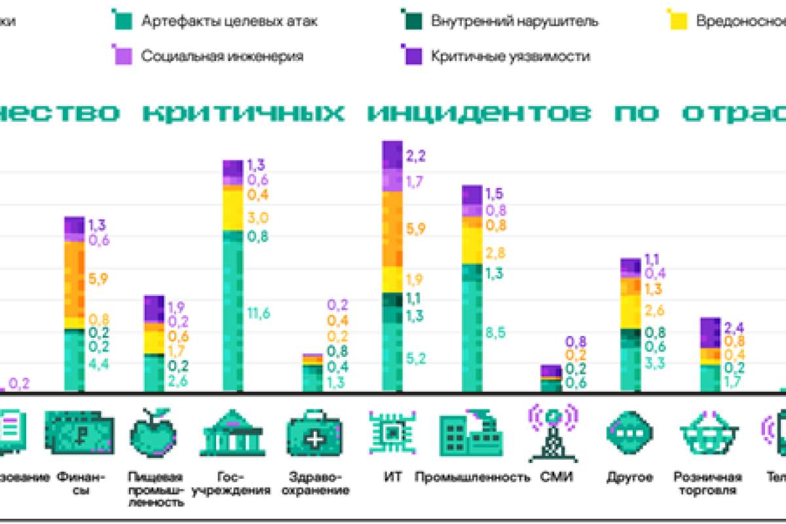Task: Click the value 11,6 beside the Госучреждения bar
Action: pyautogui.click(x=258, y=312)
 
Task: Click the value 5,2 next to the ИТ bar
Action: pyautogui.click(x=415, y=358)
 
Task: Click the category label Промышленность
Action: pyautogui.click(x=472, y=476)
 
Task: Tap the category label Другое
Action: pyautogui.click(x=629, y=476)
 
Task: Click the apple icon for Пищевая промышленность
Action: pyautogui.click(x=154, y=433)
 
